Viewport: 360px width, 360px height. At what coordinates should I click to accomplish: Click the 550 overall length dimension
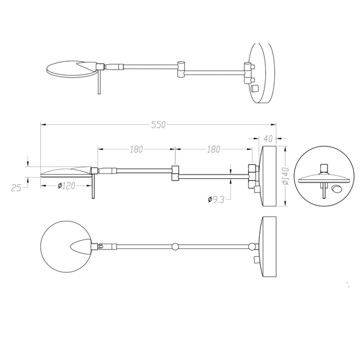pyautogui.click(x=158, y=125)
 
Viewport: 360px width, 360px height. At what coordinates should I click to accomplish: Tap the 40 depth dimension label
pyautogui.click(x=268, y=139)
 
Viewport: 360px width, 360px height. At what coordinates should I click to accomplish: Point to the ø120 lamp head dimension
pyautogui.click(x=66, y=186)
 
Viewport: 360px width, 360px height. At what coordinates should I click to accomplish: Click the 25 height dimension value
pyautogui.click(x=16, y=187)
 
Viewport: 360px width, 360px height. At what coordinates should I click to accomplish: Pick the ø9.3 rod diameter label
pyautogui.click(x=215, y=199)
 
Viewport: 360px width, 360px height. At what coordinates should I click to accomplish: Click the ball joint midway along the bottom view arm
pyautogui.click(x=175, y=246)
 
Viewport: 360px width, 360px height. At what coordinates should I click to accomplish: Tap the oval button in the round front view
pyautogui.click(x=335, y=190)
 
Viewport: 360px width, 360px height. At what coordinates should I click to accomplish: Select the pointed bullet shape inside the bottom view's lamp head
pyautogui.click(x=80, y=245)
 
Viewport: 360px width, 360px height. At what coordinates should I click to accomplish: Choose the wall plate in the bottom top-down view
pyautogui.click(x=268, y=247)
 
